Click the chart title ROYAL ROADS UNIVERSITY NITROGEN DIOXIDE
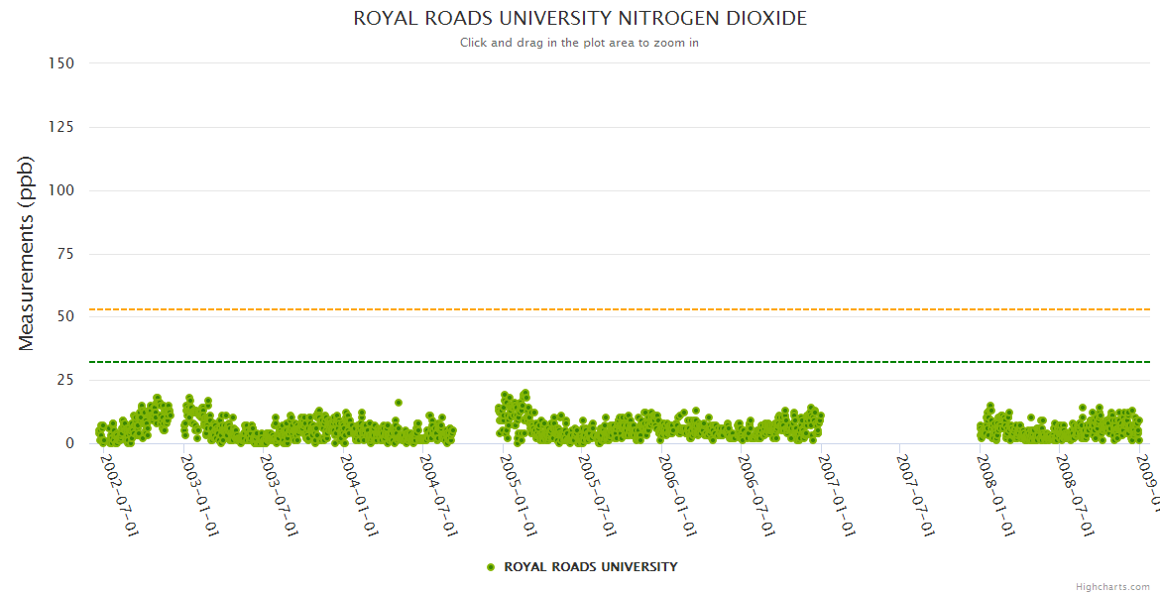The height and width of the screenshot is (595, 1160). pos(580,19)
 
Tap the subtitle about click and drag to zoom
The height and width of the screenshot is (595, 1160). pos(580,43)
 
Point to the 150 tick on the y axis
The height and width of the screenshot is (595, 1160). pos(60,63)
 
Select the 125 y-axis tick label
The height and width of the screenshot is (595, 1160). pos(60,127)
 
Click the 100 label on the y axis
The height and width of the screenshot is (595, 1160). pos(60,190)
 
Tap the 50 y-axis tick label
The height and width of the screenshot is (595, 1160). pos(64,317)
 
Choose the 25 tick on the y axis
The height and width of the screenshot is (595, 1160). pos(64,380)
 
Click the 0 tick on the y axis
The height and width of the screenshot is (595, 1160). pos(69,443)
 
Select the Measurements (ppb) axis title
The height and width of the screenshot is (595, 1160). pos(27,253)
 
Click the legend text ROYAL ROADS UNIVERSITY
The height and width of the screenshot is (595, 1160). pos(591,567)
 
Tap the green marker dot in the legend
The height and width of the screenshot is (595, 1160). pos(491,567)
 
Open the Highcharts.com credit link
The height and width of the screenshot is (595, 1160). pos(1113,587)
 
